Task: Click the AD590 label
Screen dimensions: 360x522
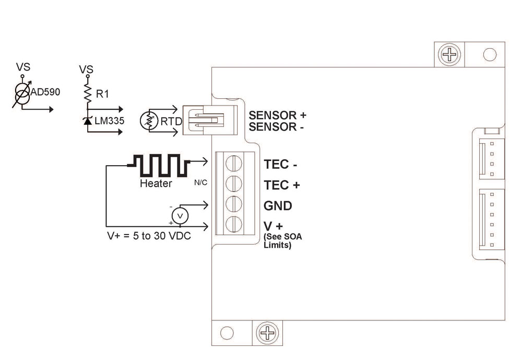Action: click(x=46, y=92)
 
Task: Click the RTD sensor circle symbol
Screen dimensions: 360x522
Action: click(x=149, y=121)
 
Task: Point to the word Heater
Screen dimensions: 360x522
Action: click(x=156, y=184)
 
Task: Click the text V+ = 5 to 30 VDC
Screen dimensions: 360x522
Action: click(x=148, y=235)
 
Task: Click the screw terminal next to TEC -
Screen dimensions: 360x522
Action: click(x=233, y=164)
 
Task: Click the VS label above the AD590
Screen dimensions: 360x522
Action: click(x=23, y=67)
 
